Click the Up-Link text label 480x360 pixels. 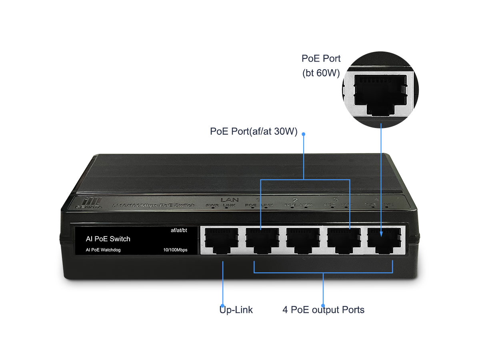click(x=236, y=310)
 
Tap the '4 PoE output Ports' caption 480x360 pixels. click(x=323, y=310)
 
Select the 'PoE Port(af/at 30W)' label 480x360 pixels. click(x=254, y=132)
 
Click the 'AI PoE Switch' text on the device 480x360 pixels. click(x=108, y=239)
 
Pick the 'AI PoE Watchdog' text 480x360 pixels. click(x=103, y=250)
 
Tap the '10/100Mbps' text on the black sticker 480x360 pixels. click(x=175, y=250)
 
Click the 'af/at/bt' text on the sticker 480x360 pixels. click(x=179, y=230)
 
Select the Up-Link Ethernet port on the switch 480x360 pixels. click(x=221, y=240)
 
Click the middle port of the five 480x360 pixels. click(x=303, y=240)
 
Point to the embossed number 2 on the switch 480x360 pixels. click(x=295, y=199)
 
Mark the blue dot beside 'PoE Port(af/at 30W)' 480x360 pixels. click(x=303, y=134)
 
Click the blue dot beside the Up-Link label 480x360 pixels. click(x=222, y=305)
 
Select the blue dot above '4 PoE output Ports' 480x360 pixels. click(x=323, y=305)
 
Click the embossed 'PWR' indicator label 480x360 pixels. click(x=212, y=206)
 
